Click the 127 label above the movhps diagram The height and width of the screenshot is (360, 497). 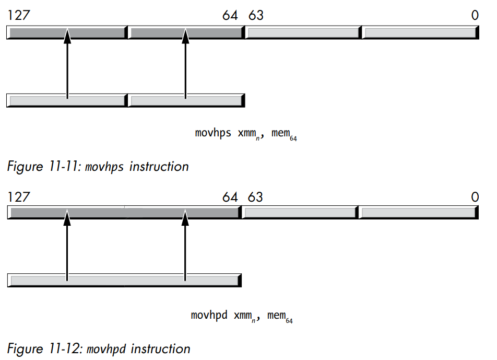(18, 16)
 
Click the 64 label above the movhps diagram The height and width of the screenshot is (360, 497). (230, 16)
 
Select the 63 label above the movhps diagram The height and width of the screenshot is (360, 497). (256, 16)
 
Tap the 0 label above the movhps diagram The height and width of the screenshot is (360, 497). (474, 16)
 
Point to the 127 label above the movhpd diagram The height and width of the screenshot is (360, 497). (18, 197)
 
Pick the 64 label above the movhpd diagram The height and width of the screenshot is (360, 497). (230, 197)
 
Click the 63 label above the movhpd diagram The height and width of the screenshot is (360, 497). (255, 197)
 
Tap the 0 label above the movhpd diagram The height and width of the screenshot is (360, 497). (474, 197)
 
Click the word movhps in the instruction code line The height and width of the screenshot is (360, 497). (213, 133)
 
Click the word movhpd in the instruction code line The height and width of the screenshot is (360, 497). (209, 315)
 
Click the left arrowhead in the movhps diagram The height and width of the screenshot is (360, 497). (67, 37)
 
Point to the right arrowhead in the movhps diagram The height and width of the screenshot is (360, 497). (185, 37)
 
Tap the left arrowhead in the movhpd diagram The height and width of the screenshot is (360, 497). (67, 217)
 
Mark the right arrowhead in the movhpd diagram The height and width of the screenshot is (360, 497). (185, 217)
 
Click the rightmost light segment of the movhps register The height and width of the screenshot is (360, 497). (420, 33)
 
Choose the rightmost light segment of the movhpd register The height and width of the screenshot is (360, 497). (419, 213)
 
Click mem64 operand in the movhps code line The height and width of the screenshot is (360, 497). (284, 134)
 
